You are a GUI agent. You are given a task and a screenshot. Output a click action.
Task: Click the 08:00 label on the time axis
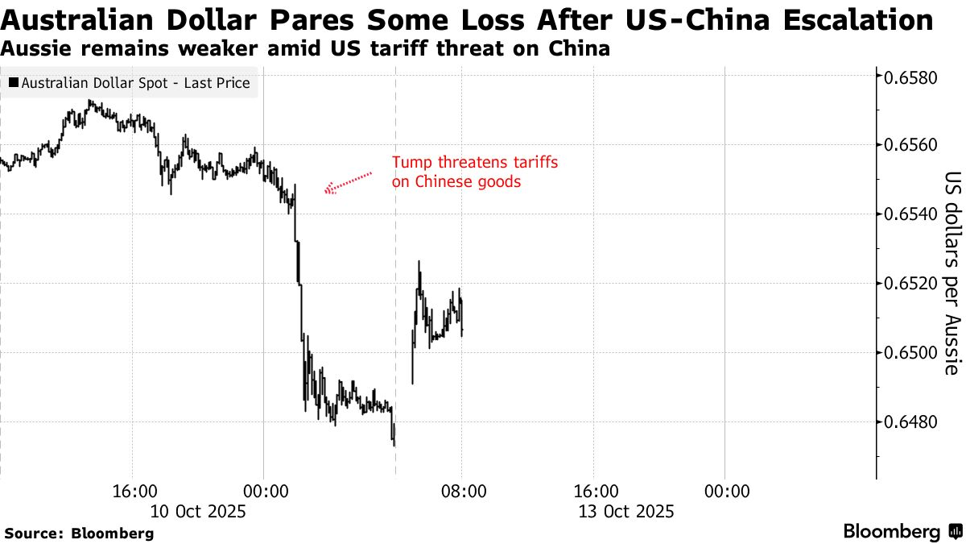click(x=461, y=492)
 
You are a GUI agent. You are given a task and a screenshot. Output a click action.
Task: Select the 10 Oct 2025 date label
click(x=198, y=511)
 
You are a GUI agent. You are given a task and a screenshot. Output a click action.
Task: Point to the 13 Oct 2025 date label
click(x=626, y=511)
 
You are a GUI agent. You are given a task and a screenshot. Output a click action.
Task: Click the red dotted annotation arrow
click(x=349, y=183)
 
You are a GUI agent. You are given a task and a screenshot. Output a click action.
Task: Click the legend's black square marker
click(x=14, y=83)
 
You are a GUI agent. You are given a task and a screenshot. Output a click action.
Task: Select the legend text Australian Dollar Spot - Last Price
click(x=135, y=83)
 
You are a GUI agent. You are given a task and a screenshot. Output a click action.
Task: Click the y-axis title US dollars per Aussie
click(x=952, y=274)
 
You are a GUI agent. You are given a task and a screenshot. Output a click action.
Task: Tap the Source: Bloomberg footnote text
click(x=79, y=533)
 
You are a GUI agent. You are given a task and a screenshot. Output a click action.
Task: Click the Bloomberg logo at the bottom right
click(x=902, y=532)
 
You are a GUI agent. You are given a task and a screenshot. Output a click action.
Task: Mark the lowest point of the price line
click(x=394, y=444)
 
